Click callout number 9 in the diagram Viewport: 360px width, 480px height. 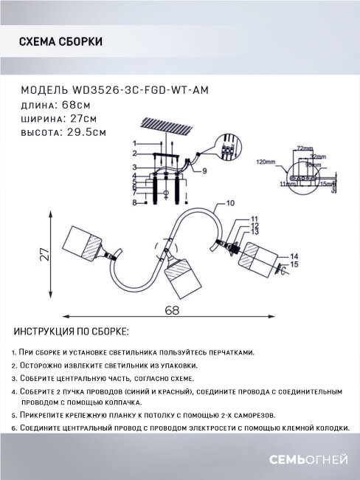coord(204,171)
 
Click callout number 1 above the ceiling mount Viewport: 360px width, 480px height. coord(135,143)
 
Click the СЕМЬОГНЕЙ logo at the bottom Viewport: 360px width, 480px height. coord(310,460)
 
